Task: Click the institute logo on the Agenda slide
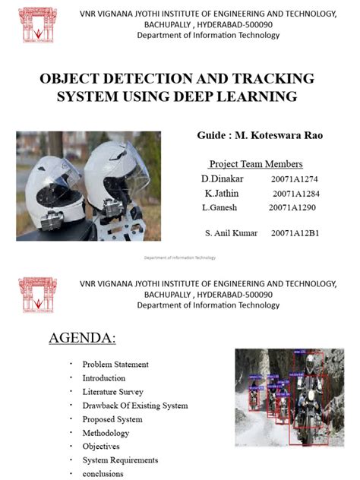pos(38,295)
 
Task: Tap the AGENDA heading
pos(82,338)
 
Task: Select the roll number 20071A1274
pos(293,178)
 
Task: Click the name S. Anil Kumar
pos(231,233)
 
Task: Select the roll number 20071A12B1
pos(294,233)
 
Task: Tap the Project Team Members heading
pos(255,164)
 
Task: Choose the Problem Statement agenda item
pos(115,365)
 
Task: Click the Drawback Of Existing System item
pos(134,406)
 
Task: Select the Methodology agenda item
pos(106,433)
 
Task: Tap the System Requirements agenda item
pos(120,460)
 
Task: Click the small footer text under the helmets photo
pos(180,257)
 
